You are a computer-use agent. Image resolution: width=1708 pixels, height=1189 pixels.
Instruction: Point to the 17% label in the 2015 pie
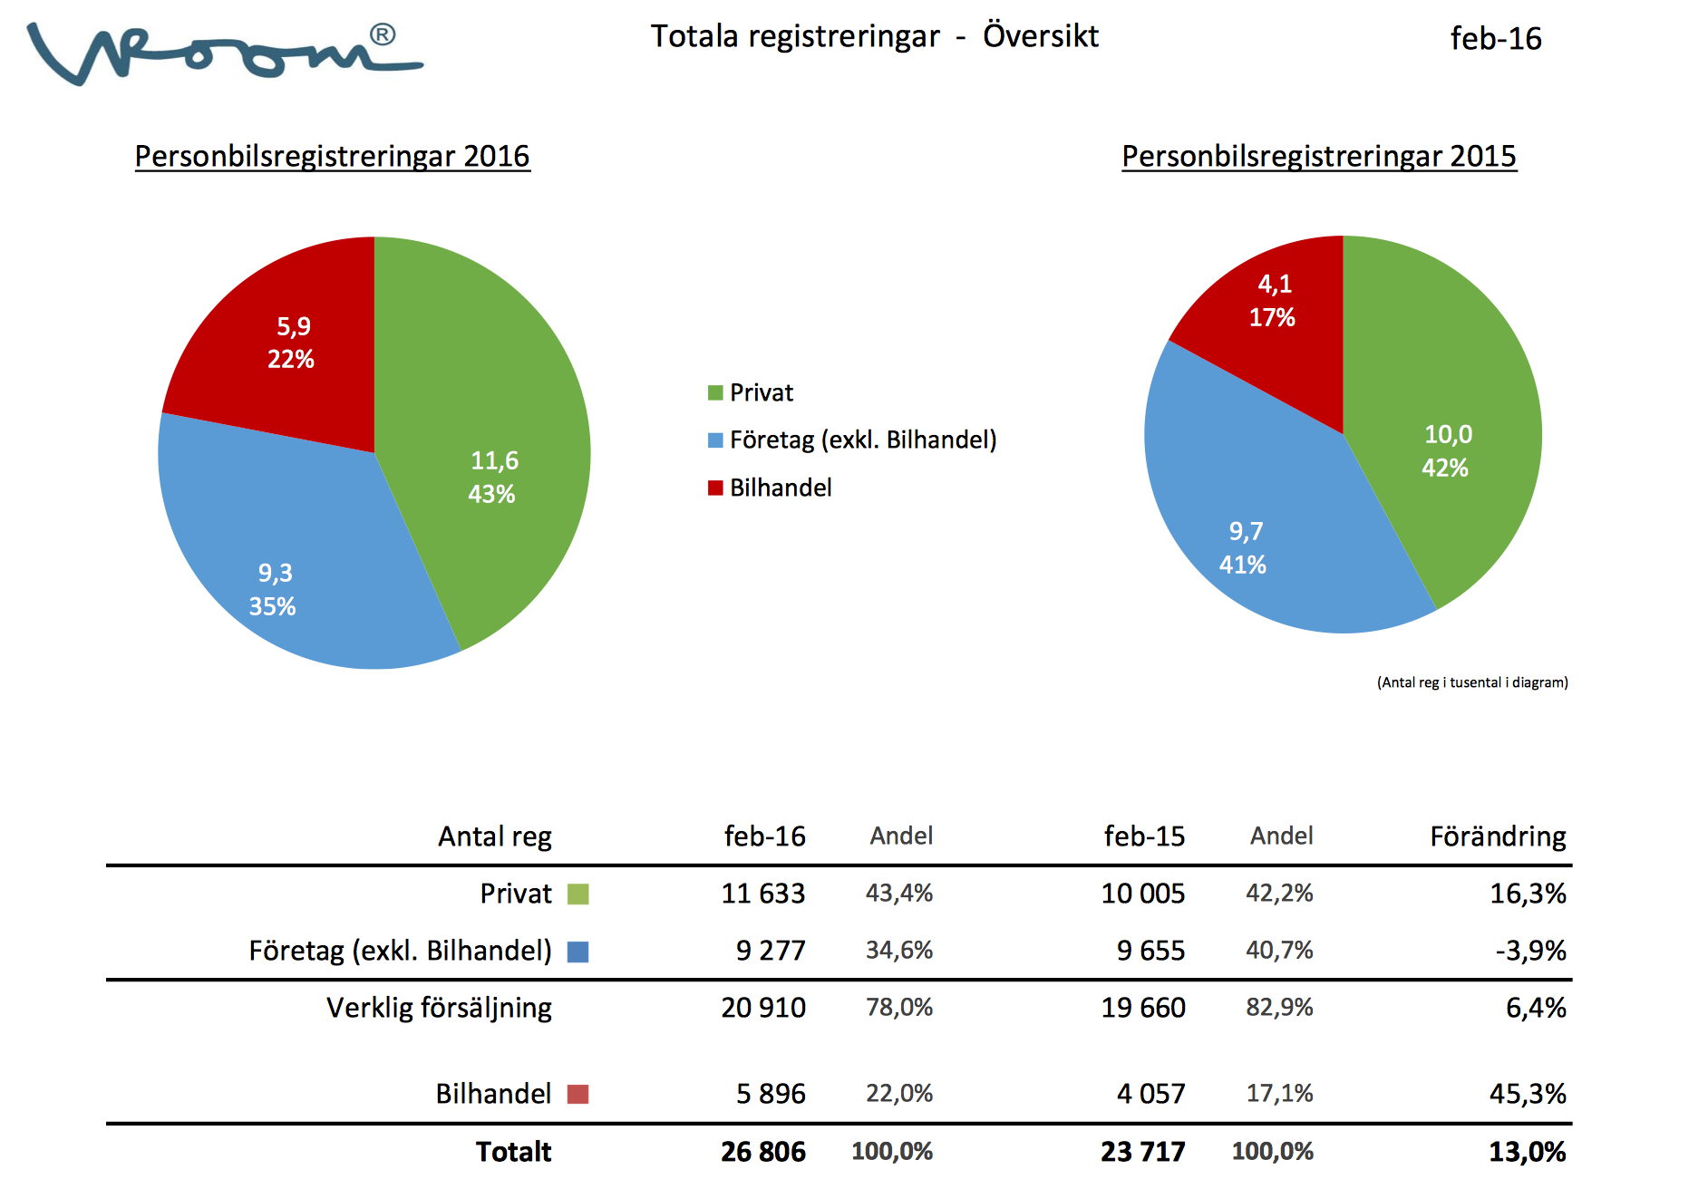pos(1272,318)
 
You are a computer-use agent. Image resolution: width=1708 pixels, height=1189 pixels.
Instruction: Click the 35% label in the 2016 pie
pos(273,606)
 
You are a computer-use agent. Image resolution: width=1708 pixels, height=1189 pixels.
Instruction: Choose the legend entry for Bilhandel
pos(780,488)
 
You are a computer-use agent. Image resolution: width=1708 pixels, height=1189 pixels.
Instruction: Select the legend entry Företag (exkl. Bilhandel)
pos(862,440)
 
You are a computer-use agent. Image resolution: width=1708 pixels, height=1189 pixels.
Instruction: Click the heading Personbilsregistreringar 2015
pos(1318,156)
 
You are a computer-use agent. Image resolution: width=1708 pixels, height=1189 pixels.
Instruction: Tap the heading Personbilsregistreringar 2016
pos(332,156)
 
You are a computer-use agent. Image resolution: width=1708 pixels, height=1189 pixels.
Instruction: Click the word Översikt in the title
pos(1040,36)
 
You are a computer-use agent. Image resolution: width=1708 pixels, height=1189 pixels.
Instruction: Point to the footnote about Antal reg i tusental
pos(1471,682)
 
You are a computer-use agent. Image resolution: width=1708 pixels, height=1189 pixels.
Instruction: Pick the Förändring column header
pos(1498,836)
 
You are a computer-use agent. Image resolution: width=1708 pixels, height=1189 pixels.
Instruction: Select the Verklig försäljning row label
pos(439,1007)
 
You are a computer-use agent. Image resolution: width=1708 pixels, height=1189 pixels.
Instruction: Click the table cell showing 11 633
pos(762,894)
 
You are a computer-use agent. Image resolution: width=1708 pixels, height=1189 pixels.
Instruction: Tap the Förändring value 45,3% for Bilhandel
pos(1528,1094)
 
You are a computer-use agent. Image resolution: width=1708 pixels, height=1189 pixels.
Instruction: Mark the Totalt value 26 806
pos(762,1152)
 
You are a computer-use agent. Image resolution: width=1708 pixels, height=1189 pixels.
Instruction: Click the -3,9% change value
pos(1530,951)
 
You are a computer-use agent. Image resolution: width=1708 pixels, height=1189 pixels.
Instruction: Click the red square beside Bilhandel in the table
pos(577,1094)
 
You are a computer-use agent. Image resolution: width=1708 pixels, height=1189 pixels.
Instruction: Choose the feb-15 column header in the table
pos(1144,836)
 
